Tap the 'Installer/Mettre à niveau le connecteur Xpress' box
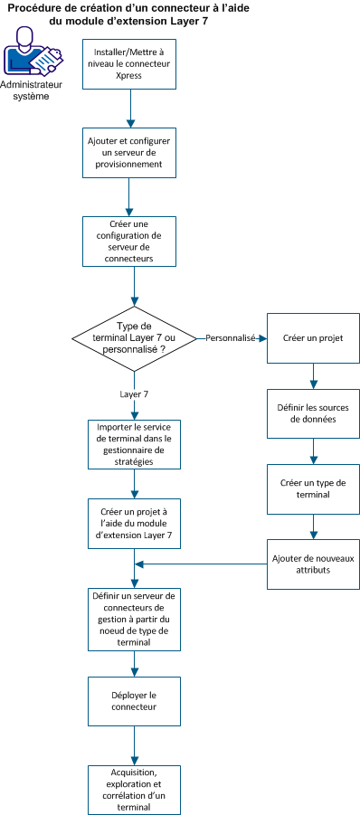coord(133,64)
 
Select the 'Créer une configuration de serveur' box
coord(133,240)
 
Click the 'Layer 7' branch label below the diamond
coord(135,394)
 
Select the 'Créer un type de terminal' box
coord(313,488)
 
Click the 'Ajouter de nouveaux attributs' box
coord(313,564)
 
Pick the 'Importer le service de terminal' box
coord(133,443)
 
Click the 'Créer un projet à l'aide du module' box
coord(133,524)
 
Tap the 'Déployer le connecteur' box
coord(133,701)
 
